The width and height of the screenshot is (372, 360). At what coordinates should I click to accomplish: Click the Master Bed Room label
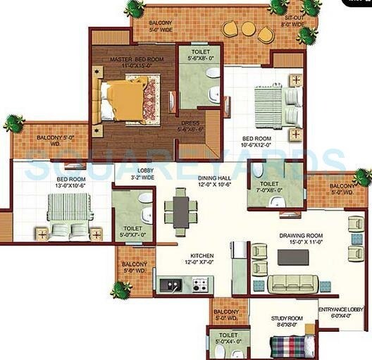[134, 61]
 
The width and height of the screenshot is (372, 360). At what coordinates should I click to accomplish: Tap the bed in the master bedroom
[126, 100]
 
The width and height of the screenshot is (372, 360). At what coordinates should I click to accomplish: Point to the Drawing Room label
[301, 237]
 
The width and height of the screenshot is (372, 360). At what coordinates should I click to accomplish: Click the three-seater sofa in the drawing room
[292, 283]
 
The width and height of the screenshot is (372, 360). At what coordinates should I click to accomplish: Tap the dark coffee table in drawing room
[292, 256]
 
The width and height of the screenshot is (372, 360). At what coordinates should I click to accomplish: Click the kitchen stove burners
[200, 285]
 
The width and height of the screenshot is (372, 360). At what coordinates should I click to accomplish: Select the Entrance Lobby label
[341, 312]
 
